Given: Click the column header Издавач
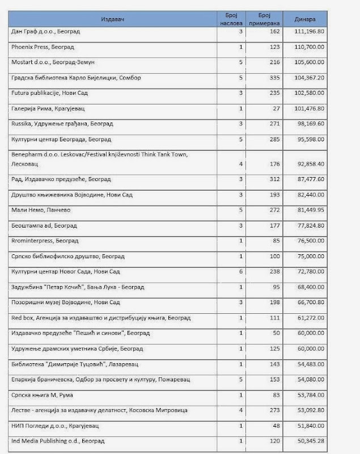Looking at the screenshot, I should pos(113,19).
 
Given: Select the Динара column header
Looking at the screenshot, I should pos(304,19).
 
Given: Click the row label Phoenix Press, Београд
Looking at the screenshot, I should pos(43,47).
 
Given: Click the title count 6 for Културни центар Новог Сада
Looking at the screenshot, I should pos(240,272).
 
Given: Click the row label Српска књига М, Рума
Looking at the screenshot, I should pos(42,394).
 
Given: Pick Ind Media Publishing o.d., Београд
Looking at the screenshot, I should pos(58,440).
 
